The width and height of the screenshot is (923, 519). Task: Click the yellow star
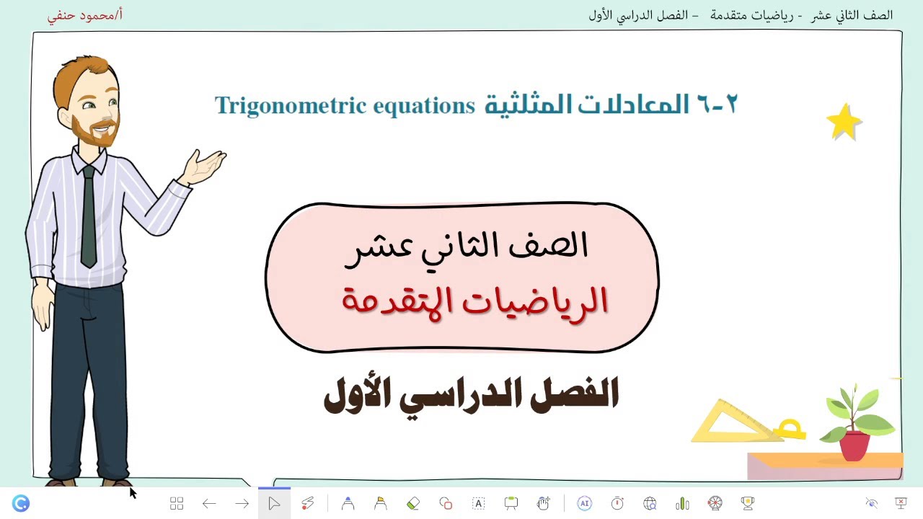click(x=844, y=123)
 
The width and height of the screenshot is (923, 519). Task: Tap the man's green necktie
click(x=88, y=216)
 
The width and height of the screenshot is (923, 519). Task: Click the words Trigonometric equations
click(x=345, y=106)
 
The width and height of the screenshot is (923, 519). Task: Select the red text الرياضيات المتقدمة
click(x=474, y=301)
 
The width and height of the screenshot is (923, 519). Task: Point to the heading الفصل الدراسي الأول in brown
click(x=471, y=395)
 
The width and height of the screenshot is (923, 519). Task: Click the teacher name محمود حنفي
click(x=85, y=15)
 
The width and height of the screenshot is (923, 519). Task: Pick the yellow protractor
click(x=791, y=430)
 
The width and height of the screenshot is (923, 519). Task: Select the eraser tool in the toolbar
click(x=413, y=503)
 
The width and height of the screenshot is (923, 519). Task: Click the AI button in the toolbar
click(x=584, y=503)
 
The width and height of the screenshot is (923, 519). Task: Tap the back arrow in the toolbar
click(x=209, y=503)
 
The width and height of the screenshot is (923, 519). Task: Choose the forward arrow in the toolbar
click(x=242, y=503)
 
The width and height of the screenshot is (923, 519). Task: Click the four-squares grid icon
click(x=177, y=503)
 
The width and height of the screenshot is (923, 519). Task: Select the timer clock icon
click(x=617, y=503)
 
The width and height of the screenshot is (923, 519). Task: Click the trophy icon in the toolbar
click(x=748, y=503)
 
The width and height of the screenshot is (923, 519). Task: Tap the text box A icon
click(x=478, y=503)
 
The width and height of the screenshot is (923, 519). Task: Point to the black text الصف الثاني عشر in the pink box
click(x=467, y=247)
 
